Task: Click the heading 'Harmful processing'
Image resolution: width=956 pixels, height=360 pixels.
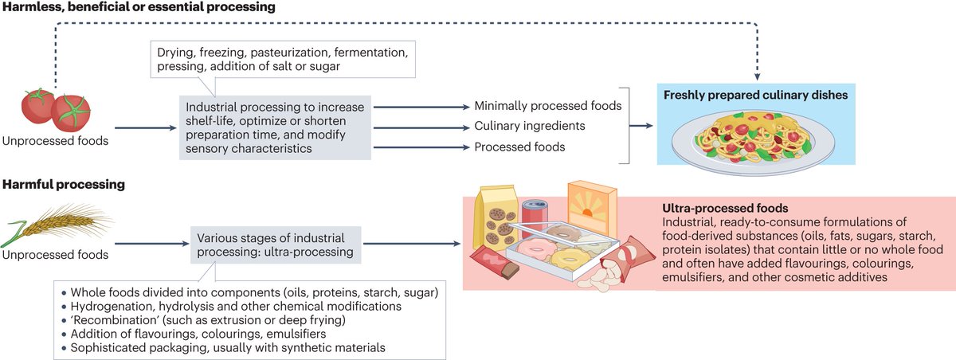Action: pyautogui.click(x=64, y=184)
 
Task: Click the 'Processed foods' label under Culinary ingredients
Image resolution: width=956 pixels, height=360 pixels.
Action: pyautogui.click(x=519, y=147)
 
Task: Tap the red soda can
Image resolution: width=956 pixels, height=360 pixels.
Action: pyautogui.click(x=532, y=219)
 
